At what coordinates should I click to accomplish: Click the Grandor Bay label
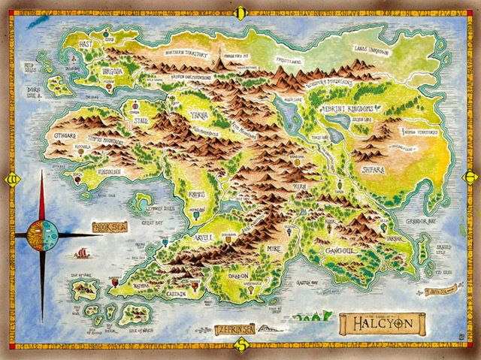[x=421, y=222]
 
